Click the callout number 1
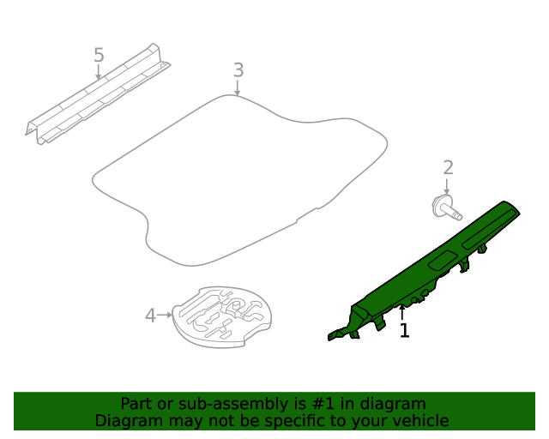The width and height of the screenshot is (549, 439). (404, 330)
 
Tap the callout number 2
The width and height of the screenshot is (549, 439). (448, 168)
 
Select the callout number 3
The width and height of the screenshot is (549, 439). (238, 69)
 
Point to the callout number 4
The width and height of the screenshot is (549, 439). (150, 316)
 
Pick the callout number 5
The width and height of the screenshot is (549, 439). (99, 56)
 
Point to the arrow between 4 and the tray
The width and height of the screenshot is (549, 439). (166, 316)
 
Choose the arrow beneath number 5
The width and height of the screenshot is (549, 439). (99, 73)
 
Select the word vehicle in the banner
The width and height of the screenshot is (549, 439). (419, 421)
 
